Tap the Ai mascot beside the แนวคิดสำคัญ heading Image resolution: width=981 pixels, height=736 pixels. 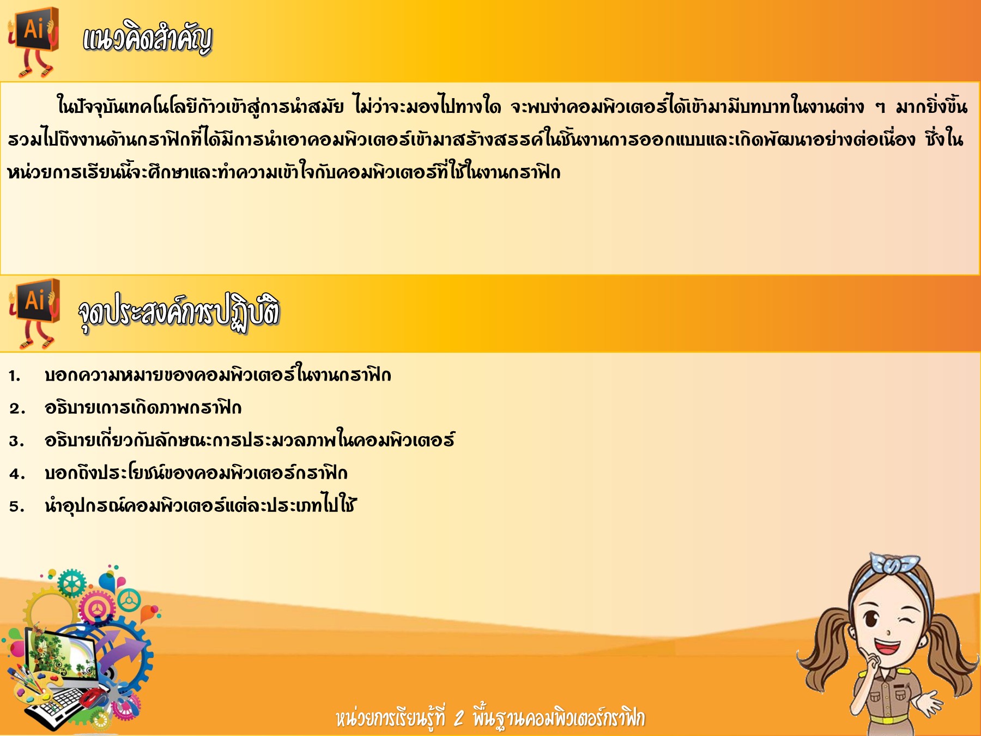33,41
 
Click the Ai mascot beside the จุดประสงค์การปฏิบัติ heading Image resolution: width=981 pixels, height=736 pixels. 34,313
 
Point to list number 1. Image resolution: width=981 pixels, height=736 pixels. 14,376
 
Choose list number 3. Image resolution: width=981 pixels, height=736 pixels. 16,441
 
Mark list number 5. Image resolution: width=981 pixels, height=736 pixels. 16,506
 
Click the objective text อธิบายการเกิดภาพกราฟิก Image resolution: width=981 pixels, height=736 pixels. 143,407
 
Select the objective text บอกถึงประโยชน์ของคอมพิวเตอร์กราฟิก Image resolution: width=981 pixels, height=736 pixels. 196,472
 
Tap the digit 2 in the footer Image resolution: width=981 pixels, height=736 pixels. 459,718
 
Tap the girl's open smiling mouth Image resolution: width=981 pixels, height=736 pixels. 887,647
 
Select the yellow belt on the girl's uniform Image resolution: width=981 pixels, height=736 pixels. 886,719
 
